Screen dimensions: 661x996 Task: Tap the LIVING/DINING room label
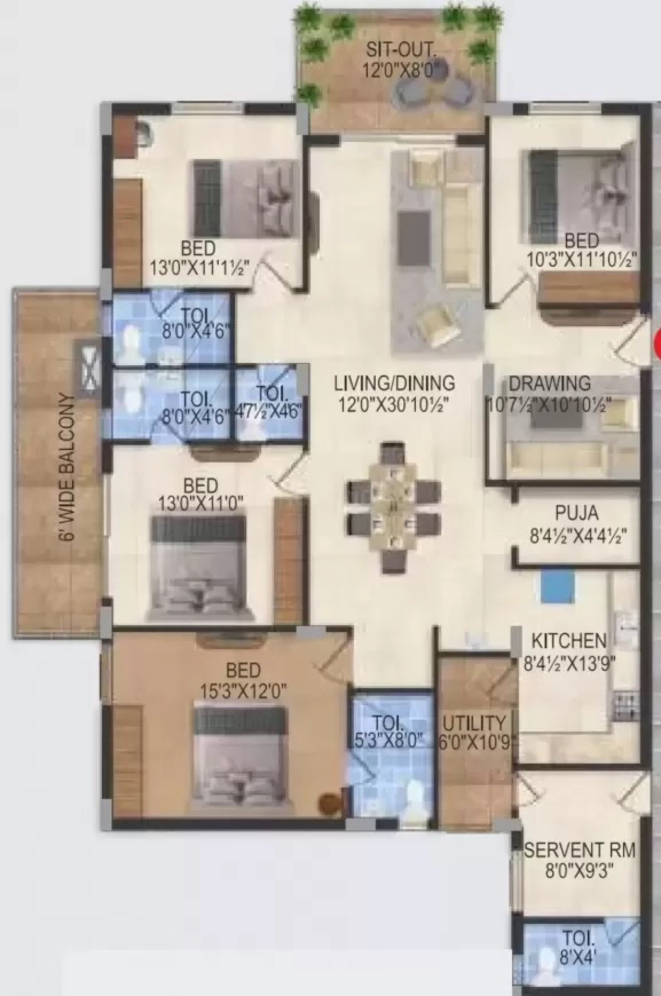395,383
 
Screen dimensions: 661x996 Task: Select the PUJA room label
577,513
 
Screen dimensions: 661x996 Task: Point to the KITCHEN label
569,641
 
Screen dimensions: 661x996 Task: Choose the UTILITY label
474,724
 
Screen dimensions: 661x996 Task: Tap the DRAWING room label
550,384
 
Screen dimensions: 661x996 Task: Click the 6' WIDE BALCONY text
67,466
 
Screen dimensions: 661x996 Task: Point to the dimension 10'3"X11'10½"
582,260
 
